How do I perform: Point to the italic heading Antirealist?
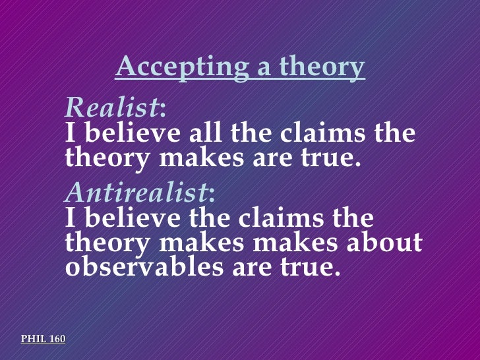click(x=136, y=192)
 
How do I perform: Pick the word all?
click(x=204, y=134)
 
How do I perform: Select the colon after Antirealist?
click(x=211, y=193)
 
